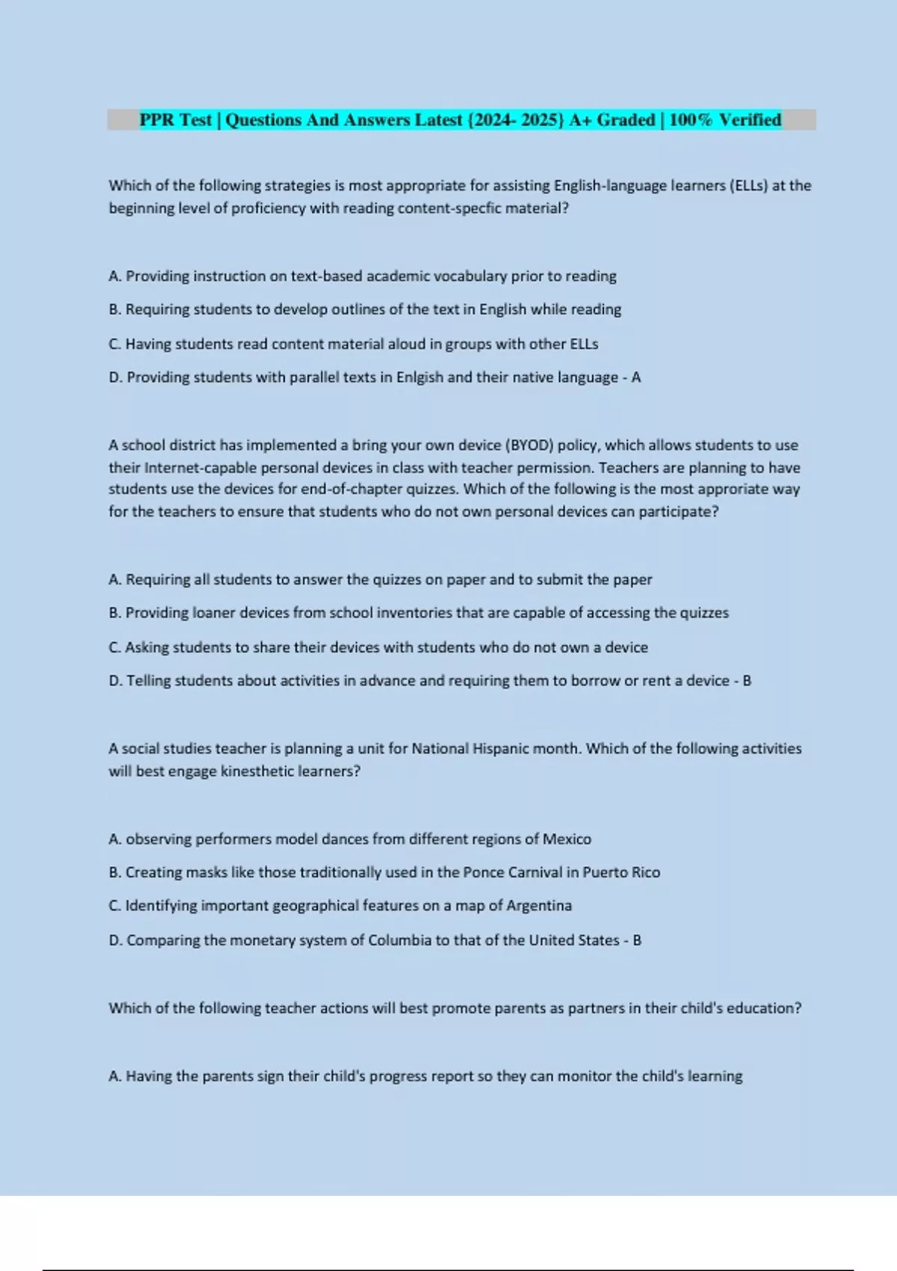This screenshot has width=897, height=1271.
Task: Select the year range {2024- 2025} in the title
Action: click(x=516, y=120)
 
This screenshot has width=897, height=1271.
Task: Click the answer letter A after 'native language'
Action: click(x=636, y=378)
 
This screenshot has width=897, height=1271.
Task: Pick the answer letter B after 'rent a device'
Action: click(x=746, y=681)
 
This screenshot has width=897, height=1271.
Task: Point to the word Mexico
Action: click(x=567, y=840)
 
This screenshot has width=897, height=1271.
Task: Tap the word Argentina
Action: click(x=539, y=906)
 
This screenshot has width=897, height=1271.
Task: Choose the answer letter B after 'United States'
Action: click(x=637, y=941)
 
